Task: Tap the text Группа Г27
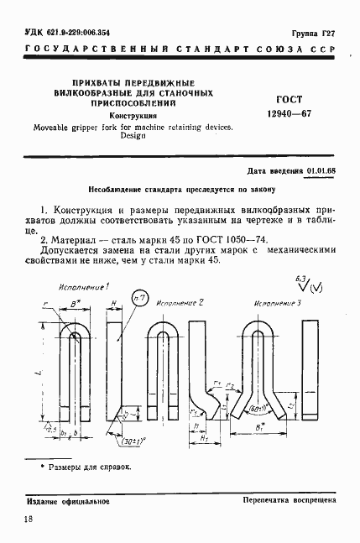pyautogui.click(x=316, y=33)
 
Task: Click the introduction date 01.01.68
pyautogui.click(x=321, y=170)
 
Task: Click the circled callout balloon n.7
pyautogui.click(x=140, y=300)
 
